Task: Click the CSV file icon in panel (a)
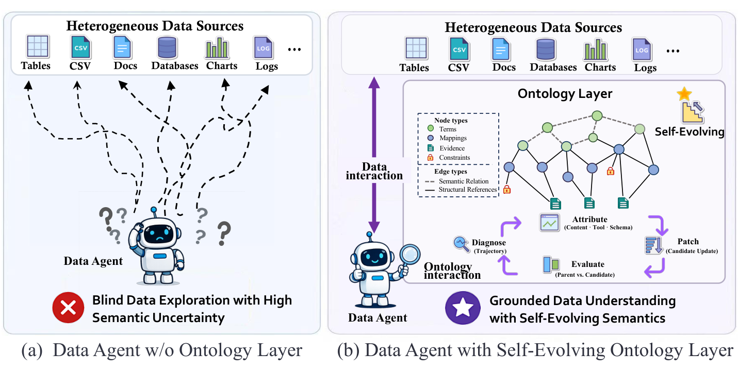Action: click(80, 47)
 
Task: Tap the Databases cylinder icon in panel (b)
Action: click(546, 49)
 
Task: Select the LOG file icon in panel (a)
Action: click(263, 47)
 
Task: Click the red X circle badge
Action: click(68, 308)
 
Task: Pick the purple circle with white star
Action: click(463, 308)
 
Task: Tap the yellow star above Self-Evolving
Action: click(684, 94)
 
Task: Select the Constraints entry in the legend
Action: click(449, 157)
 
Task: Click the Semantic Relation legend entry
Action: click(456, 181)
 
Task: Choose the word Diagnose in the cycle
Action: click(488, 242)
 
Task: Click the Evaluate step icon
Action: click(551, 265)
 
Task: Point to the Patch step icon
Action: click(653, 245)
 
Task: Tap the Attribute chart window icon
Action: click(549, 223)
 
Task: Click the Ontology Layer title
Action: click(565, 94)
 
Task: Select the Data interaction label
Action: click(374, 171)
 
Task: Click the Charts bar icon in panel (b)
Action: click(596, 49)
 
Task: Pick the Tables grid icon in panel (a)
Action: click(38, 46)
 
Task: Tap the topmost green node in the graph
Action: click(597, 116)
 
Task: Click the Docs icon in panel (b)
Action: click(500, 49)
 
